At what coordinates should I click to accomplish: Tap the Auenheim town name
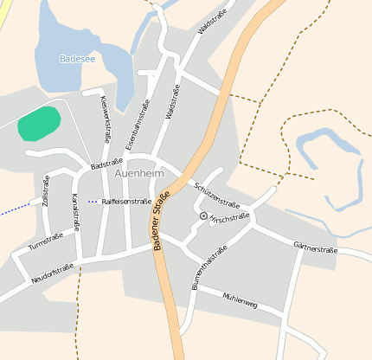coord(138,174)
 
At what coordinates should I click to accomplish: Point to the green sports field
coord(39,124)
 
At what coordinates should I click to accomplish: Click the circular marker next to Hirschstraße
coord(203,215)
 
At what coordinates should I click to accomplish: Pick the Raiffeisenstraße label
coord(126,201)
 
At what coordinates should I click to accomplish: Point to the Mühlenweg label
coord(240,300)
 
